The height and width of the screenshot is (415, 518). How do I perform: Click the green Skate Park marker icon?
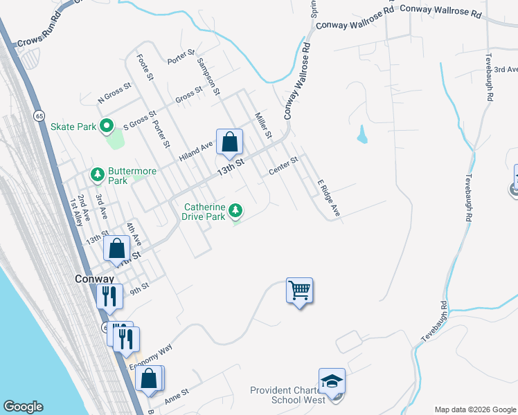coord(106,127)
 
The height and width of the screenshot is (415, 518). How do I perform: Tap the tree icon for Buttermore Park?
coord(98,176)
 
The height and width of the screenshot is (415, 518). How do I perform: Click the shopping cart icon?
coord(300,290)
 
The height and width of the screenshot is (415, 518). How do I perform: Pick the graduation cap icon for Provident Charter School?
coord(332,381)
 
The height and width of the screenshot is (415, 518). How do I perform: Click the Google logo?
coord(23,407)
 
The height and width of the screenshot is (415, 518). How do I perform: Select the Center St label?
coord(283,165)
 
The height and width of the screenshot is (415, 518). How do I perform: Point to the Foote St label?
coord(144,68)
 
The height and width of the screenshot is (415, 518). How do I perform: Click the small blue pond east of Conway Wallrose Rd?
coord(361,134)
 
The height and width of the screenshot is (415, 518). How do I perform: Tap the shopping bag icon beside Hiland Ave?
coord(229,142)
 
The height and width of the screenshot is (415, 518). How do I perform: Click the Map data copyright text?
coord(475,409)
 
